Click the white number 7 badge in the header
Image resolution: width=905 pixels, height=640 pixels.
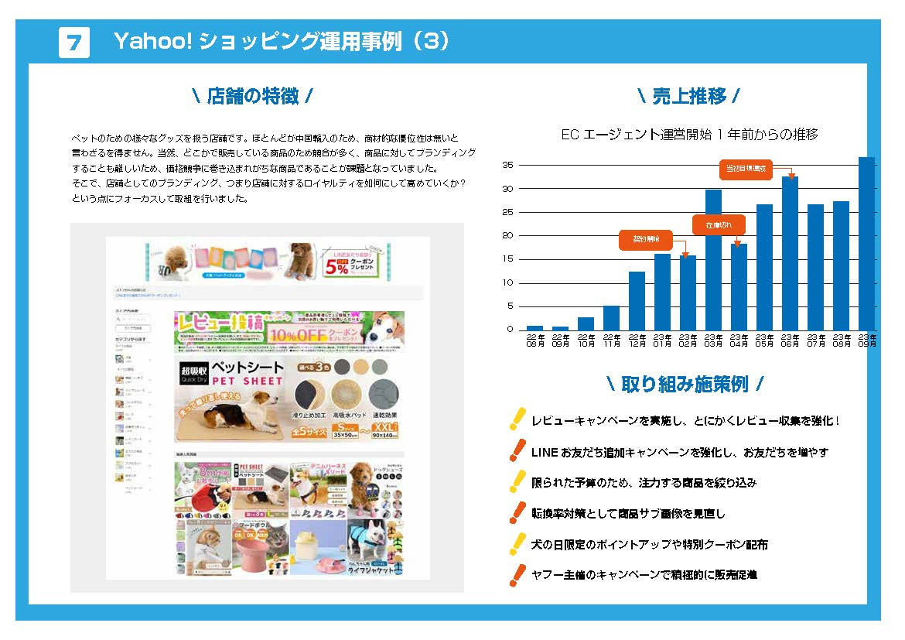(x=74, y=43)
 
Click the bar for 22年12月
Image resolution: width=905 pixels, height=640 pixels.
(x=637, y=300)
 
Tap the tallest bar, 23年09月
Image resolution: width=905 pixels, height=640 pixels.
(x=866, y=243)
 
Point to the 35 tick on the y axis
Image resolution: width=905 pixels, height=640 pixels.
(x=507, y=165)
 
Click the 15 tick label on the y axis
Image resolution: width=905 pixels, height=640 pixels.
(x=507, y=259)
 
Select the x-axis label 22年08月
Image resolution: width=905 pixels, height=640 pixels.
(x=534, y=341)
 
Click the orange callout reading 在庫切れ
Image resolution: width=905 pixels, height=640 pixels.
(x=718, y=225)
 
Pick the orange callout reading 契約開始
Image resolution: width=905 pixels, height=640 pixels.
(x=645, y=241)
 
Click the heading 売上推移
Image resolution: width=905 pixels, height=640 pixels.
(x=688, y=97)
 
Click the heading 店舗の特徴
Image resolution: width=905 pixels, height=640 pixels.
(x=252, y=97)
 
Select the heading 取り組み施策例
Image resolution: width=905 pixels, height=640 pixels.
(x=685, y=384)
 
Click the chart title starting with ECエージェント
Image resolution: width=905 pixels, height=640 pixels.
(x=689, y=135)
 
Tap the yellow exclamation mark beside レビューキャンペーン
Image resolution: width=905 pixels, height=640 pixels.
(x=517, y=419)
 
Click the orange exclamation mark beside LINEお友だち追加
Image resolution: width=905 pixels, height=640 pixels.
(x=517, y=450)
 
